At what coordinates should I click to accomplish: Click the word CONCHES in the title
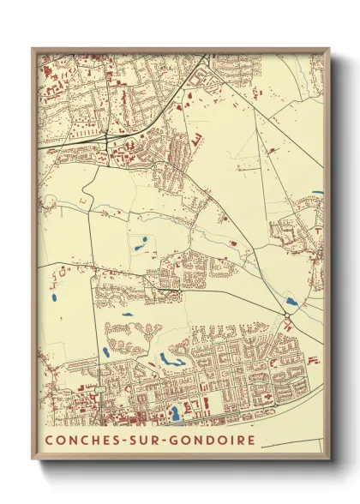point(80,441)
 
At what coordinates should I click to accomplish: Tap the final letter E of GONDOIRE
point(249,441)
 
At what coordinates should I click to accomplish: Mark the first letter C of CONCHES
point(49,441)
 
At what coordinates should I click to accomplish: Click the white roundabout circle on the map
point(287,315)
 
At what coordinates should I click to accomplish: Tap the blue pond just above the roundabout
point(291,302)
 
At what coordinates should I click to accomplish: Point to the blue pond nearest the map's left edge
point(54,299)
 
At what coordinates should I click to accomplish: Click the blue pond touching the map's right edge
point(318,193)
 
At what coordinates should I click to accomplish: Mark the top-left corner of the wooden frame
point(33,49)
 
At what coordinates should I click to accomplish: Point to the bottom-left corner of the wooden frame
point(33,459)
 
